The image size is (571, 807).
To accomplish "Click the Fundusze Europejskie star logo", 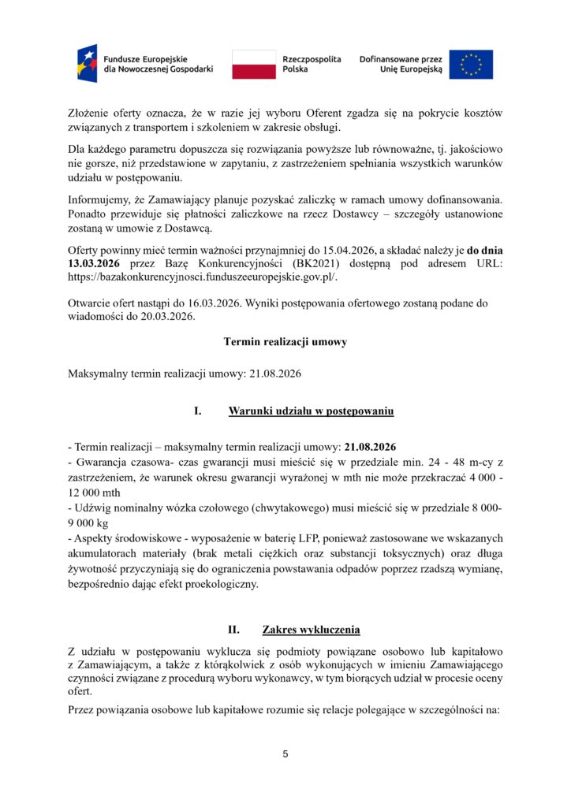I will (88, 64).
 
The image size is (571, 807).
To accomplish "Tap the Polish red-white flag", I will (254, 64).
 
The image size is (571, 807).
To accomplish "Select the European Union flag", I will (472, 64).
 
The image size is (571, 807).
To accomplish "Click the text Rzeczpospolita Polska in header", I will (312, 64).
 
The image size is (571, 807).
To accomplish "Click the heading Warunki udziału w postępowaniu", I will (312, 411).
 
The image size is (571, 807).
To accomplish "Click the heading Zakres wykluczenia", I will (311, 630).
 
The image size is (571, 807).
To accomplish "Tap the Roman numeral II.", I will (233, 630).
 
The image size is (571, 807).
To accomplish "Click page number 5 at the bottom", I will (285, 754).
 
